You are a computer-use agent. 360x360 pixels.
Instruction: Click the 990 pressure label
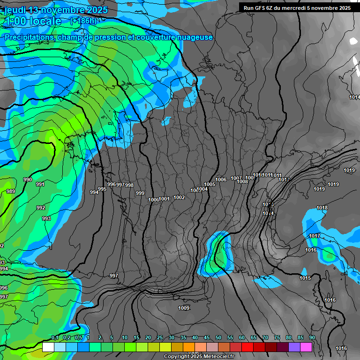coord(28,180)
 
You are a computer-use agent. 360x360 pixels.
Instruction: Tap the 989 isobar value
coord(10,191)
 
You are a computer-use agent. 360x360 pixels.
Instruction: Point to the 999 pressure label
coord(140,193)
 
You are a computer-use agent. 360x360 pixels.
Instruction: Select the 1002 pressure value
coord(179,197)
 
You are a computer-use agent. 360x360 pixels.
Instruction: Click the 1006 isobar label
coord(221,180)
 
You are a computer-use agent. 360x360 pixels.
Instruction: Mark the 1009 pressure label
coord(184,308)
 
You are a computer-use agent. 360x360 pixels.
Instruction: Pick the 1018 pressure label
coord(322,208)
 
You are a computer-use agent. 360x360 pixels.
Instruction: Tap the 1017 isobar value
coord(315,235)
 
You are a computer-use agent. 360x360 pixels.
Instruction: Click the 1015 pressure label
coord(305,278)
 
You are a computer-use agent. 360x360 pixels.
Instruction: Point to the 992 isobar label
coord(41,208)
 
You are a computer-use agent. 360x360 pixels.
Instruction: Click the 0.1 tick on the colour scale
coord(55,338)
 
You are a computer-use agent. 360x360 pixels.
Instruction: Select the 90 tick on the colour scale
coord(312,338)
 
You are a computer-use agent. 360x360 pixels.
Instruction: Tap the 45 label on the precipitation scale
coord(207,338)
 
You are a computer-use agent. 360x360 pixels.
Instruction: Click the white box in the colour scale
coord(48,347)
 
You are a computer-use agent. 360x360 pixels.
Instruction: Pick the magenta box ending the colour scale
coord(306,347)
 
